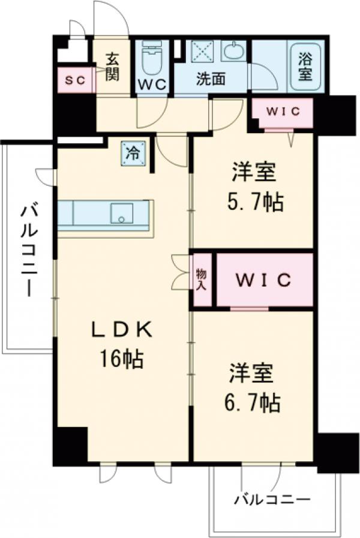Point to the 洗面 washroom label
pyautogui.click(x=211, y=77)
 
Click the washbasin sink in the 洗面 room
pyautogui.click(x=232, y=52)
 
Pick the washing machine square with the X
pyautogui.click(x=203, y=52)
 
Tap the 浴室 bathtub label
pyautogui.click(x=305, y=67)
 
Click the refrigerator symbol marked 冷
pyautogui.click(x=133, y=152)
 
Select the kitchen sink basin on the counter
pyautogui.click(x=122, y=214)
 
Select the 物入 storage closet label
pyautogui.click(x=202, y=279)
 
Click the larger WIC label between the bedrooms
pyautogui.click(x=263, y=279)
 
